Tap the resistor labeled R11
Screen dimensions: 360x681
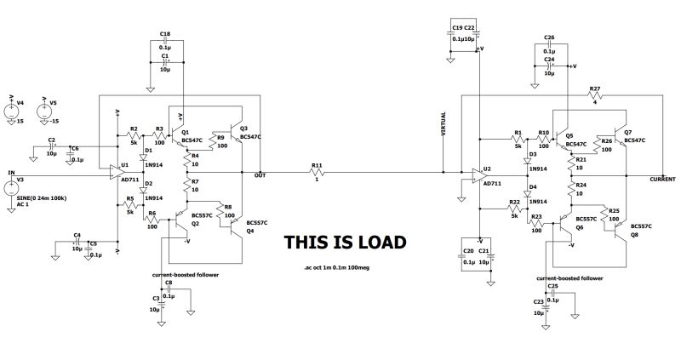[x=318, y=174]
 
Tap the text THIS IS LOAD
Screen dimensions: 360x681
[x=345, y=243]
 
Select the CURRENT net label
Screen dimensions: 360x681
[x=662, y=180]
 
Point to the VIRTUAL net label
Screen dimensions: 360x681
[x=443, y=125]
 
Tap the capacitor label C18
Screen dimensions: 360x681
[x=165, y=32]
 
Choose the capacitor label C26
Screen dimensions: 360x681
[x=549, y=38]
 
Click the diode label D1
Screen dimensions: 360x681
[x=148, y=149]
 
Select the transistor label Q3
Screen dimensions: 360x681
[x=243, y=128]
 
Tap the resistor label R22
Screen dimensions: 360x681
[x=514, y=203]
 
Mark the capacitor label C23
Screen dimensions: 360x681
[x=538, y=302]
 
